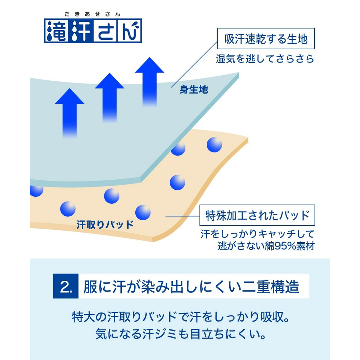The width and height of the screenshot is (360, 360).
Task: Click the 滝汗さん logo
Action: [93, 31]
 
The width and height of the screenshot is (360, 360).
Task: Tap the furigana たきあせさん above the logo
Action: [92, 14]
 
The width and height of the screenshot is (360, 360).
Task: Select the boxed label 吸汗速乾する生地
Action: [266, 39]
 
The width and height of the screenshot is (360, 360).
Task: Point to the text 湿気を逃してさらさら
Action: [265, 59]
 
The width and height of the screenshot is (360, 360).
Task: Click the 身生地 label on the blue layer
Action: [194, 89]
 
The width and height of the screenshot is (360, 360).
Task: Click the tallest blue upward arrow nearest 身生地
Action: [149, 82]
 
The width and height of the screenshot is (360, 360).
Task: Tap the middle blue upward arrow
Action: [109, 98]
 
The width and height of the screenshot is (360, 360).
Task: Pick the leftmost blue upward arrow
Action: [69, 113]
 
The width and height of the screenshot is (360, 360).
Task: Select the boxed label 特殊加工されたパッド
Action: [257, 215]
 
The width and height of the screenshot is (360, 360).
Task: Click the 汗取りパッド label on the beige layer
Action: [105, 225]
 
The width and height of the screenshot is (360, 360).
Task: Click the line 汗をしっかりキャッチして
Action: [257, 234]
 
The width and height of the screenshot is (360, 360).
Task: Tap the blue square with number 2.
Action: [66, 286]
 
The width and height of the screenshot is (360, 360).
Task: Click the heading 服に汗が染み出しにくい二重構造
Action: [191, 287]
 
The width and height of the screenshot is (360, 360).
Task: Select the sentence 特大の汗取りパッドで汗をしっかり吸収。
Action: [180, 317]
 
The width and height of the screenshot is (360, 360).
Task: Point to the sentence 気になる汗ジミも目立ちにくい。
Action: [180, 334]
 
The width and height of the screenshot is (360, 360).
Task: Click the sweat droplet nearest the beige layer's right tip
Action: [214, 145]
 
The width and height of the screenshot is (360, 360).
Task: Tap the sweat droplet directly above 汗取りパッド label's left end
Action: [68, 209]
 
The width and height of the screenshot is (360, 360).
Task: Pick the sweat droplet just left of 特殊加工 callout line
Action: [143, 213]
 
